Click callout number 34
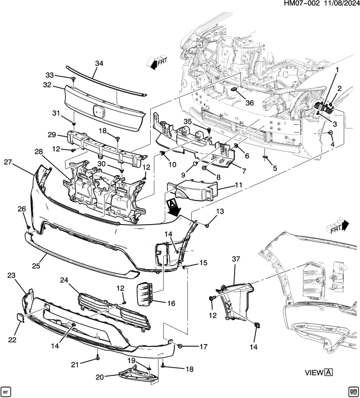tap(99, 64)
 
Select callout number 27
tap(8, 162)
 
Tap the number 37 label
tap(236, 258)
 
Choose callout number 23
tap(11, 275)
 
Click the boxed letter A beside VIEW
tap(328, 372)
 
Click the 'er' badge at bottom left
tap(7, 390)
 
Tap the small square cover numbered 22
tap(18, 318)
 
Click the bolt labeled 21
tap(98, 356)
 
